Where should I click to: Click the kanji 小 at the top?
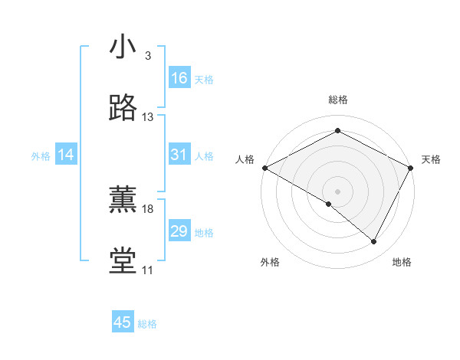(x=123, y=47)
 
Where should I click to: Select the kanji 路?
(x=123, y=108)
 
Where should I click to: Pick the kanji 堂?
(x=123, y=261)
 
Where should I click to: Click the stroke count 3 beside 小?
(x=147, y=56)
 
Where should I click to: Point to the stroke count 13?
(x=148, y=117)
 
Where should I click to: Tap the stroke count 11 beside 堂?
(x=147, y=270)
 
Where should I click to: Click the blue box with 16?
(x=179, y=78)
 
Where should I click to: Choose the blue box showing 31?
(x=179, y=155)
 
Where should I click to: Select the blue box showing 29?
(x=179, y=231)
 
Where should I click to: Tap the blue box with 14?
(x=66, y=155)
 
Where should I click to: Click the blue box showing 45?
(x=123, y=322)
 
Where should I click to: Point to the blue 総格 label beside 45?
(x=147, y=324)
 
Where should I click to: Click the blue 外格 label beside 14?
(x=41, y=156)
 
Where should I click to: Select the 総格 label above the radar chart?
(x=337, y=100)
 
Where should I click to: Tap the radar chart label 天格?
(x=431, y=159)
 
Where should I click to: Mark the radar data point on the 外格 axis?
(x=329, y=204)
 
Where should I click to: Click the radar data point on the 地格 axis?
(x=374, y=242)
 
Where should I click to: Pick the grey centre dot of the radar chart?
(x=337, y=191)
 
